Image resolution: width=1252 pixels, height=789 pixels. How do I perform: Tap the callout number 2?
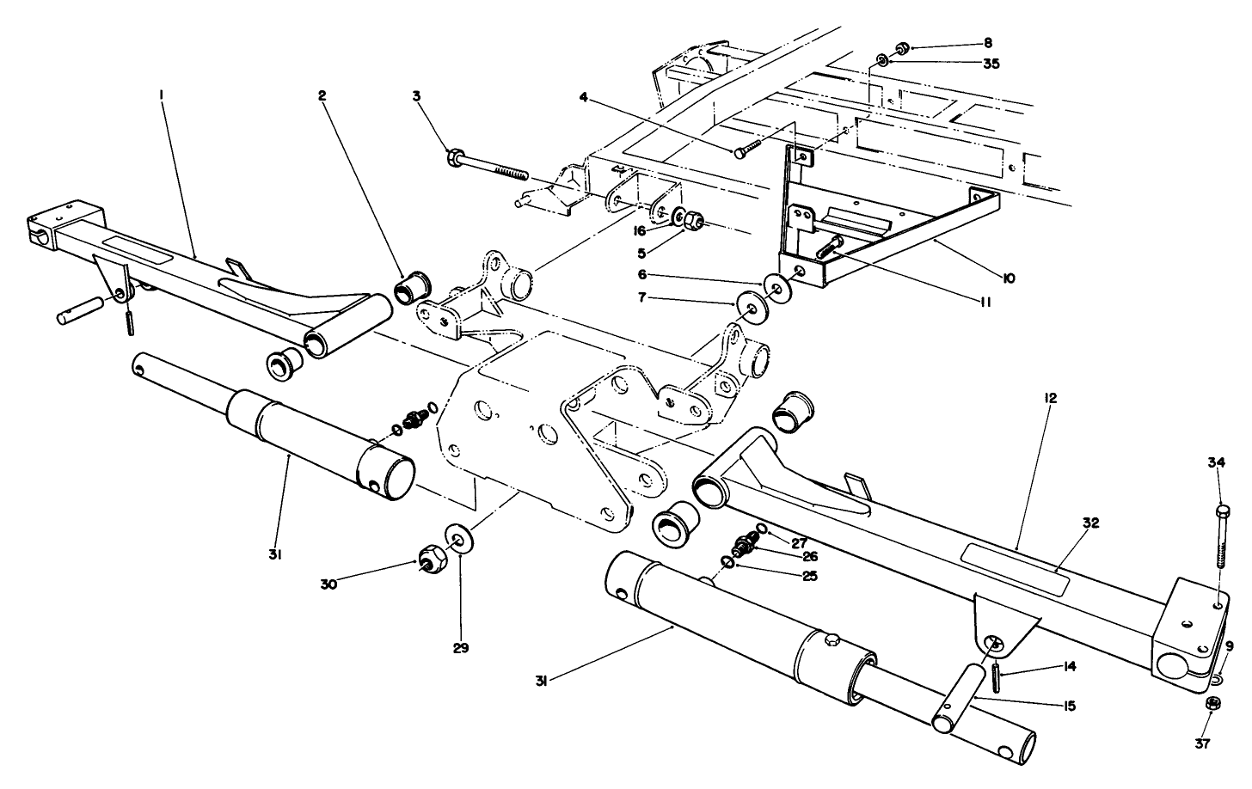pyautogui.click(x=322, y=96)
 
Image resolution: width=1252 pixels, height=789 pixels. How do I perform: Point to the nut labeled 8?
pyautogui.click(x=902, y=46)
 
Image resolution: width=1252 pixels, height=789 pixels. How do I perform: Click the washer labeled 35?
pyautogui.click(x=883, y=62)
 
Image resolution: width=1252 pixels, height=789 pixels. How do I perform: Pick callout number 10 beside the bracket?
pyautogui.click(x=1009, y=278)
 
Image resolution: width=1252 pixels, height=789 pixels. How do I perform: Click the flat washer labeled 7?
pyautogui.click(x=750, y=306)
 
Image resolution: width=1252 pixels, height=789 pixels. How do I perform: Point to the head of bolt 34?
pyautogui.click(x=1222, y=511)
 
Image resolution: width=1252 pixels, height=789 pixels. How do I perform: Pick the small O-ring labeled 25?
pyautogui.click(x=727, y=562)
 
